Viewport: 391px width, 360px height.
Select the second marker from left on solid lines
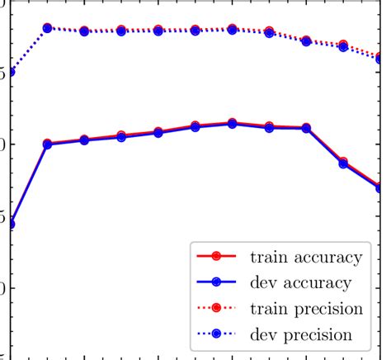47,144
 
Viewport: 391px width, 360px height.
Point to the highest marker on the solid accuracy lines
232,123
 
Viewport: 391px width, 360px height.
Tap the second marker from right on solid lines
343,163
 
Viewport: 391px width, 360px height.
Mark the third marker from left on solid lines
84,140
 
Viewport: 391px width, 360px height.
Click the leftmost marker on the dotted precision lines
10,72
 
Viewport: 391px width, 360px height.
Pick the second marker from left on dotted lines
47,28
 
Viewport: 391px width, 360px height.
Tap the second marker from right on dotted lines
343,46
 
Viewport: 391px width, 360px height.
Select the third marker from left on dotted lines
84,31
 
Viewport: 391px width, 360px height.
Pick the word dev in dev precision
263,335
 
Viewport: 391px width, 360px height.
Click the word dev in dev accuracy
263,282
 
